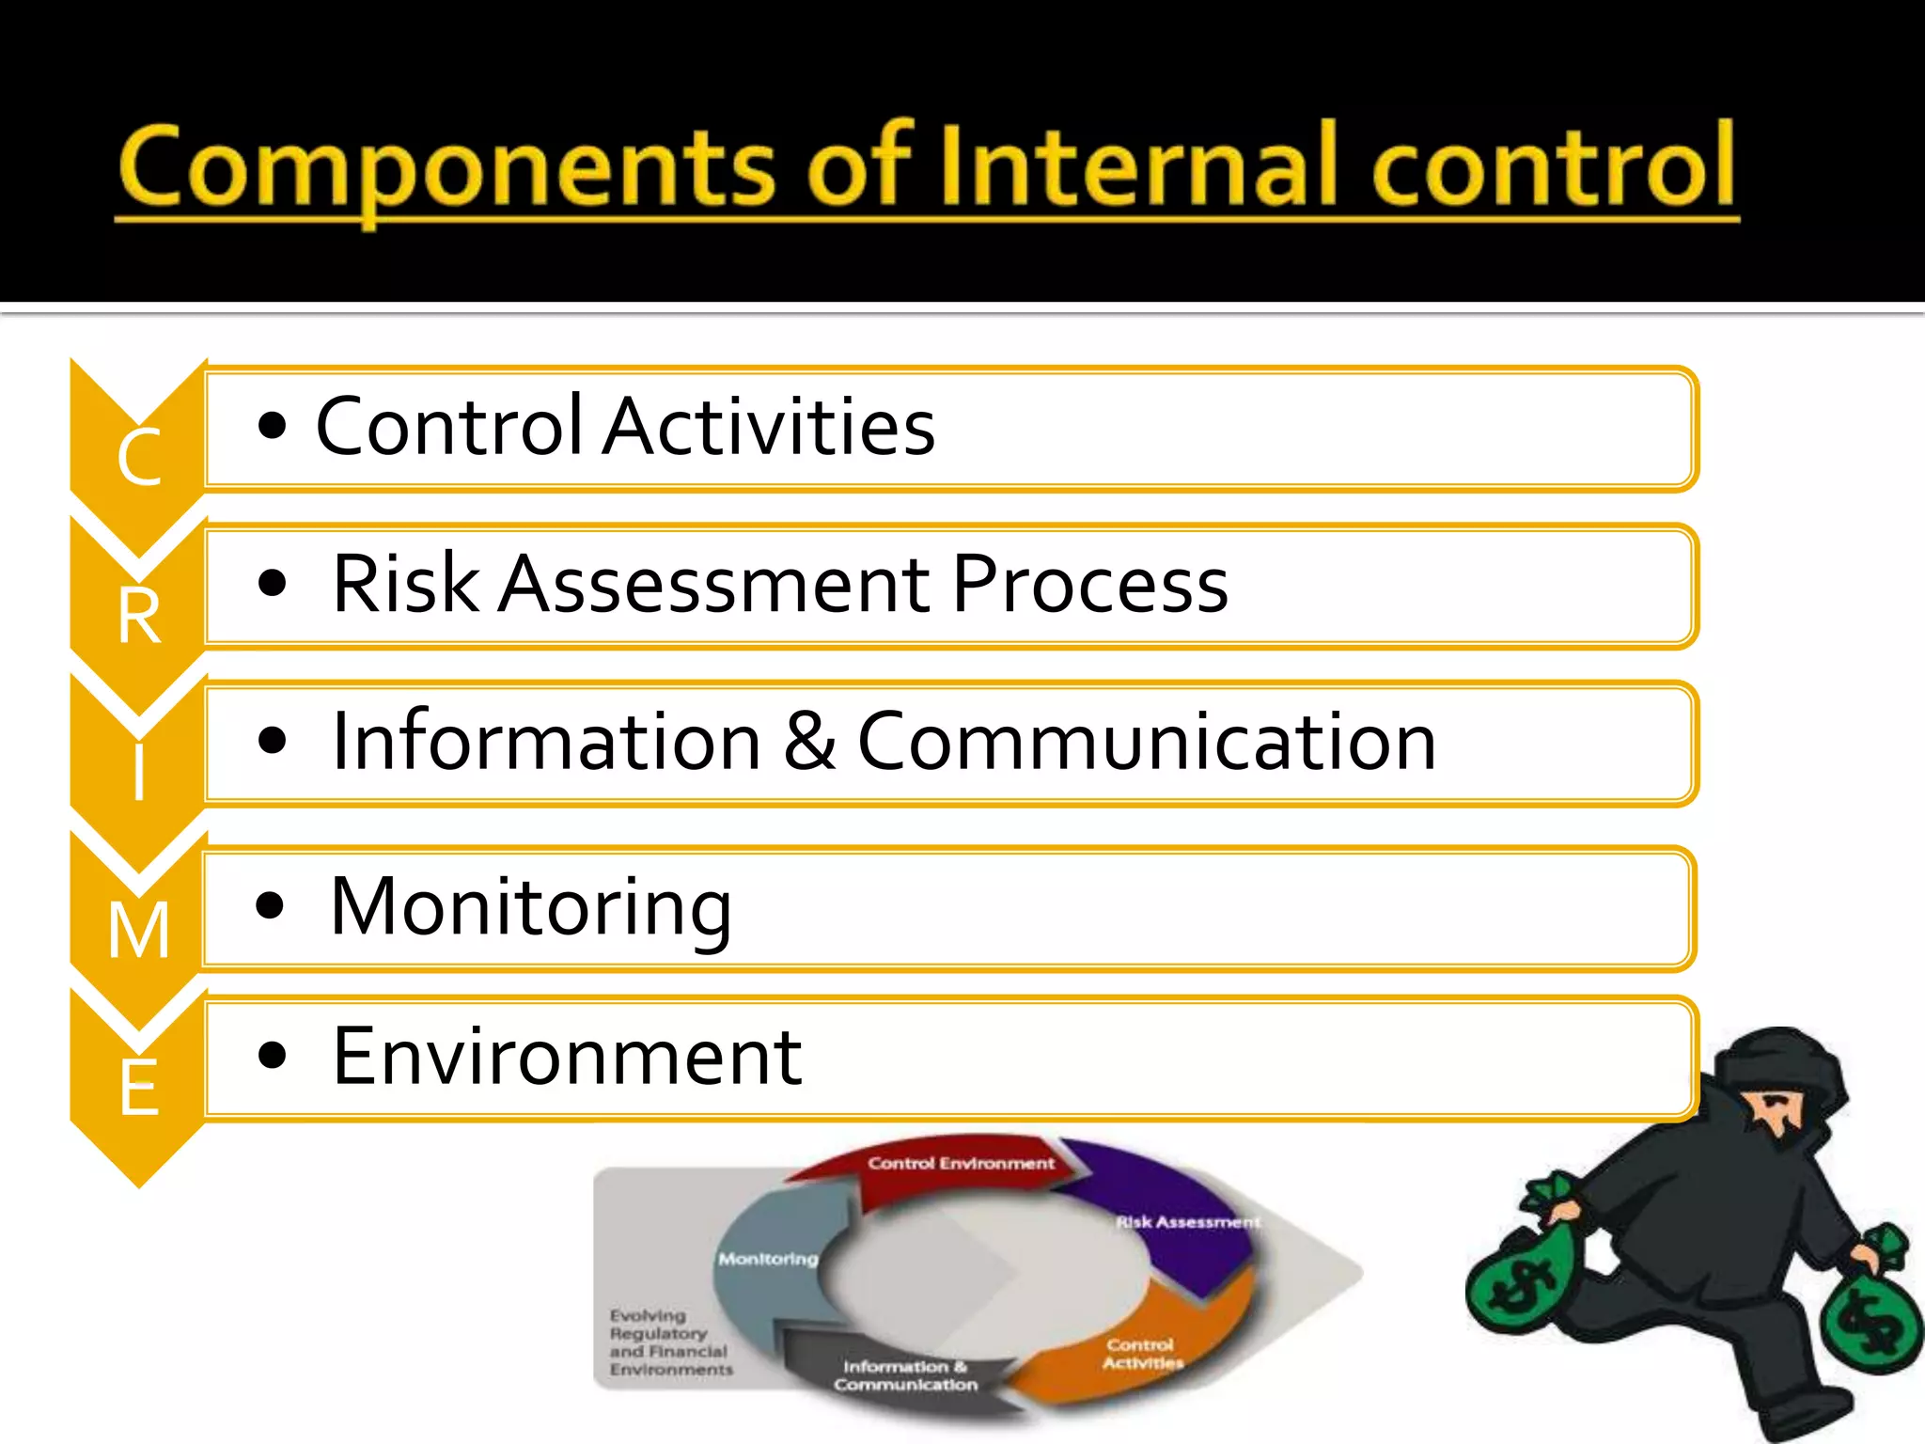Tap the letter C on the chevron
coord(139,459)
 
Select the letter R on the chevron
coord(139,617)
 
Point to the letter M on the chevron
coord(139,931)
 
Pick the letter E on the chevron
coord(139,1089)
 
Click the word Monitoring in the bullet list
coord(531,907)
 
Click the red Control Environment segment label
coord(961,1164)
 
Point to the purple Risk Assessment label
coord(1186,1222)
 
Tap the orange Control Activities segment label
coord(1141,1354)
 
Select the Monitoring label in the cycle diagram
coord(768,1259)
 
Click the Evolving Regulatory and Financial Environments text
coord(669,1342)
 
